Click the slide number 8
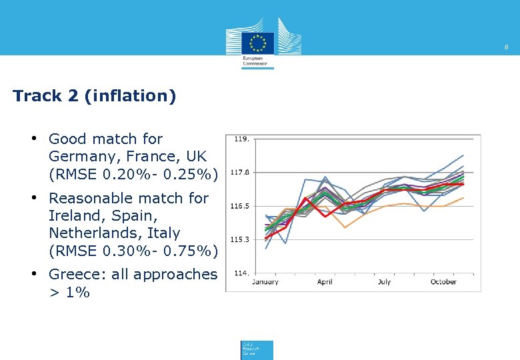click(507, 47)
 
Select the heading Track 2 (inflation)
click(94, 96)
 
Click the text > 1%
click(69, 292)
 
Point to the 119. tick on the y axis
click(241, 139)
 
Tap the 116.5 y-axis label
click(240, 206)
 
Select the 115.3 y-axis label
click(240, 239)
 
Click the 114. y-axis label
click(241, 273)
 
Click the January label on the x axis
click(265, 282)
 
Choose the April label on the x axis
click(325, 282)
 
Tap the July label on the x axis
click(385, 282)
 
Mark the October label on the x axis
click(443, 282)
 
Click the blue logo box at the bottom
click(257, 350)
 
